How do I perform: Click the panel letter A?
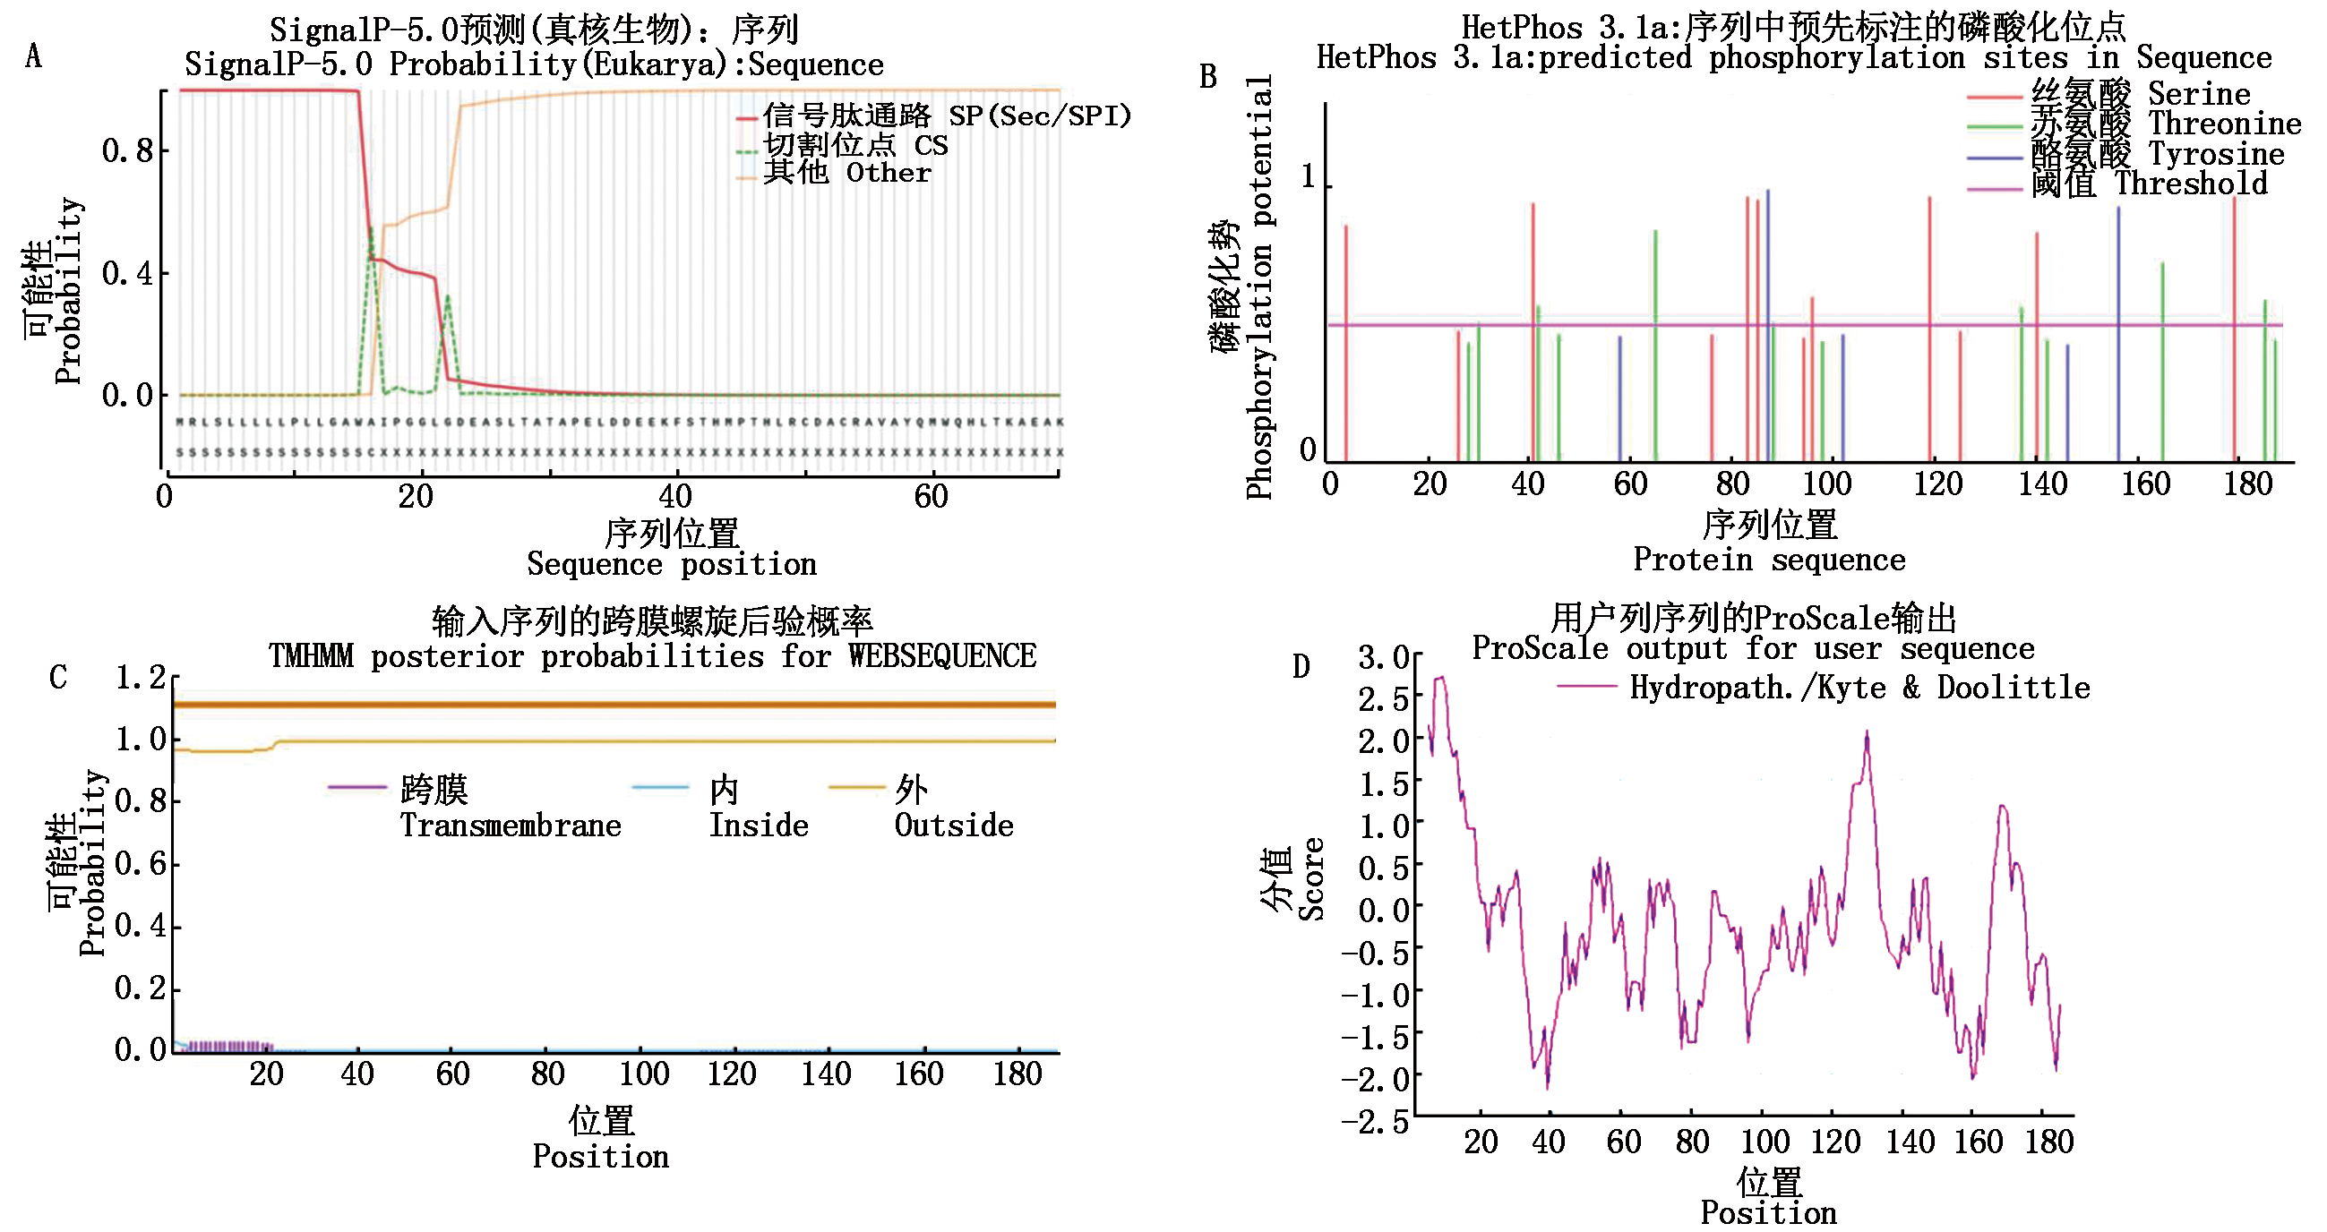click(33, 57)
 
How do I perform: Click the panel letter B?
click(1207, 77)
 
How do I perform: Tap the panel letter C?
click(57, 678)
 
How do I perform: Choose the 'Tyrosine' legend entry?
click(2215, 155)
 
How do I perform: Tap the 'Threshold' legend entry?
click(2191, 184)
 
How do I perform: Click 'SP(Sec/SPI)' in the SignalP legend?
click(1039, 115)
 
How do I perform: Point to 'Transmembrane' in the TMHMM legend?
click(511, 825)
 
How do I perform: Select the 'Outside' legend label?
click(953, 825)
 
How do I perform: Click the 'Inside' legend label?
click(758, 825)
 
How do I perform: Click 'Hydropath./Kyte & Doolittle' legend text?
click(1859, 689)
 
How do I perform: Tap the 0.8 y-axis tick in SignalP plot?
click(127, 150)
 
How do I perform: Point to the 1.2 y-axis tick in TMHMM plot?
click(140, 678)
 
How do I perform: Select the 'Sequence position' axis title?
click(671, 564)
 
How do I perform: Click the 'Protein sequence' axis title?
click(1769, 560)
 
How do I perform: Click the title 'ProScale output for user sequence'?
click(1753, 648)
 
